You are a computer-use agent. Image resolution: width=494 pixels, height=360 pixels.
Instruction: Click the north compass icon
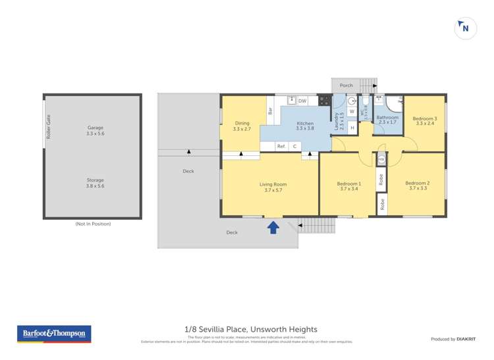pyautogui.click(x=466, y=28)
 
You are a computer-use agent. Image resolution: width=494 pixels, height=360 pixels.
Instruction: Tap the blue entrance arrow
pyautogui.click(x=273, y=228)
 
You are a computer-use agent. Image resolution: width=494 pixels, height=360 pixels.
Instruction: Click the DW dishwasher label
pyautogui.click(x=302, y=101)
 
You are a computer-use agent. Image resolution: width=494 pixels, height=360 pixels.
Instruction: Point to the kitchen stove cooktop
pyautogui.click(x=323, y=101)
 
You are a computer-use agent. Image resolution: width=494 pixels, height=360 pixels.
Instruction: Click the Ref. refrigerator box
pyautogui.click(x=281, y=146)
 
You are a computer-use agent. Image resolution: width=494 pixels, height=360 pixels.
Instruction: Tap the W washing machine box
pyautogui.click(x=352, y=112)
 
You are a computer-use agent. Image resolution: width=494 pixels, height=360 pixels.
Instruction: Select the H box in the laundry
pyautogui.click(x=352, y=128)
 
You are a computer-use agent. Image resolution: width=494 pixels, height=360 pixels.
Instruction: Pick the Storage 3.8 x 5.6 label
pyautogui.click(x=96, y=183)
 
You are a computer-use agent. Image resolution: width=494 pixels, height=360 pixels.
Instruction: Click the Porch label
pyautogui.click(x=346, y=86)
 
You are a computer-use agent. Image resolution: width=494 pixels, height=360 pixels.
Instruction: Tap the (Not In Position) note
pyautogui.click(x=93, y=224)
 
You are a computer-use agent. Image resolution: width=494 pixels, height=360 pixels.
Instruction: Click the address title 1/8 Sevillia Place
pyautogui.click(x=250, y=329)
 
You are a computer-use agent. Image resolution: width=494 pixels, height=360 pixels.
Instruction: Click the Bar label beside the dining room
pyautogui.click(x=270, y=112)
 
